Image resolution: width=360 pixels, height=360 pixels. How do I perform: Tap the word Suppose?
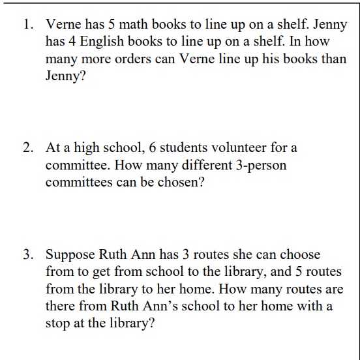point(70,254)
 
